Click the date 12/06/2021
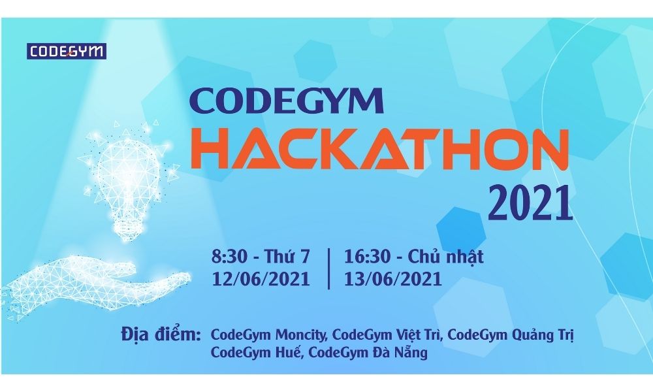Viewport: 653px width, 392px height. (x=261, y=279)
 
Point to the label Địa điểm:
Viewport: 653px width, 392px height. (x=161, y=335)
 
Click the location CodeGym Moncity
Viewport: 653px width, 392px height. (x=268, y=336)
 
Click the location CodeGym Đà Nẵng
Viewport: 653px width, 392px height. (x=368, y=353)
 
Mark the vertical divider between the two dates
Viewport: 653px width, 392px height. (x=327, y=267)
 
